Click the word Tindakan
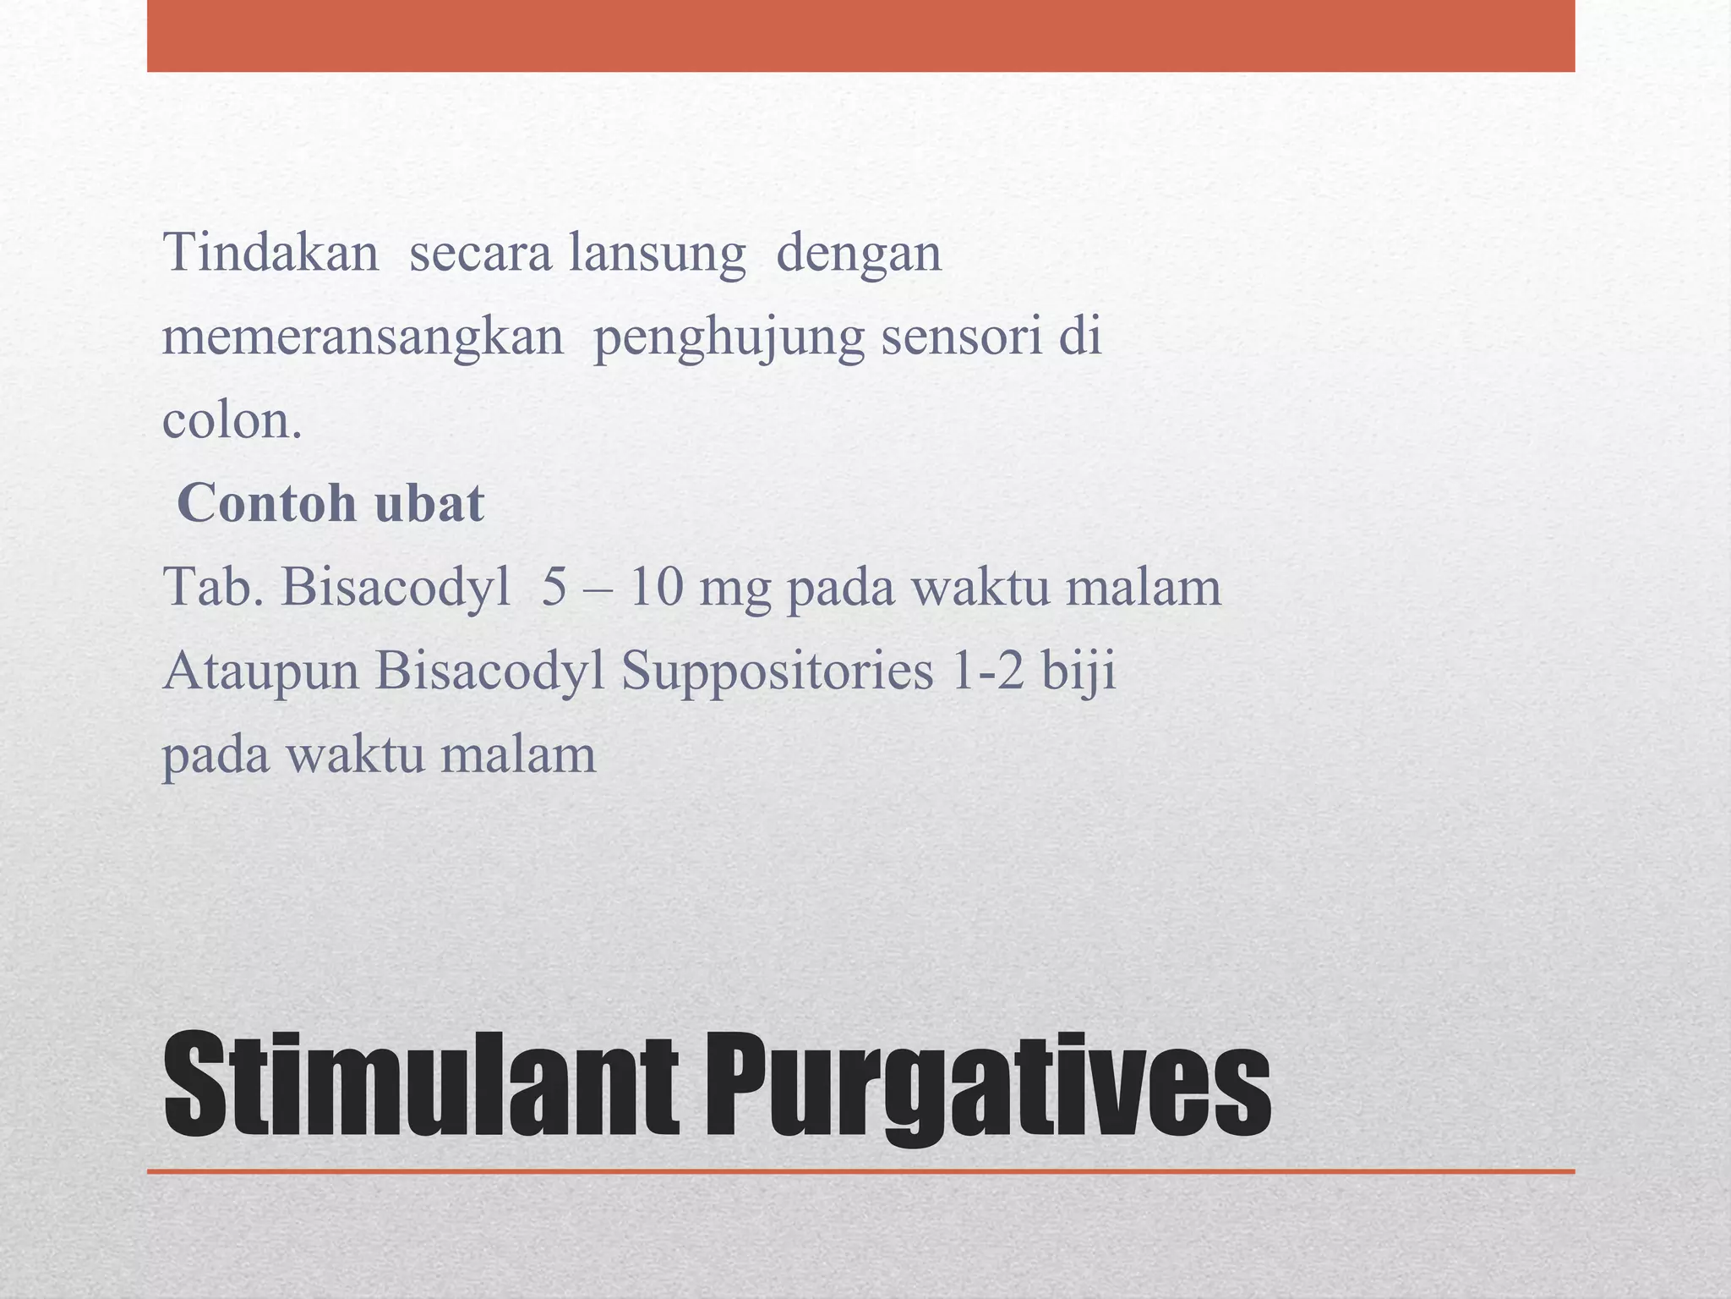point(270,252)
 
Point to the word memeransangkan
point(363,337)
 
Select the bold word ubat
point(429,503)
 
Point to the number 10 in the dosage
point(656,586)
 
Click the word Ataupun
point(261,671)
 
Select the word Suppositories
point(778,671)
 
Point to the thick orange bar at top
point(860,36)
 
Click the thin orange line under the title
point(860,1171)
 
